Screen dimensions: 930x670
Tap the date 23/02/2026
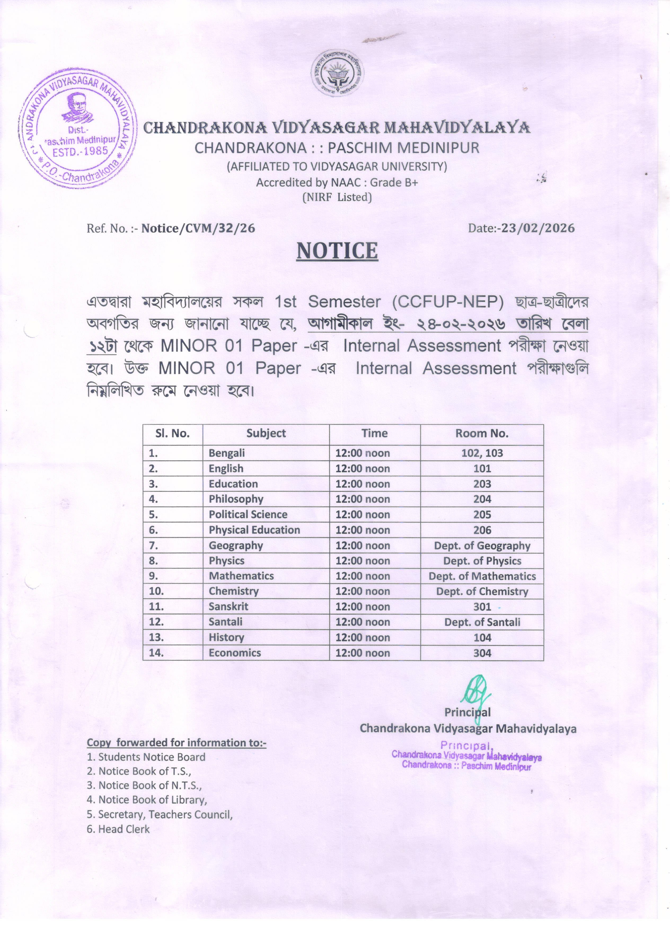tap(538, 228)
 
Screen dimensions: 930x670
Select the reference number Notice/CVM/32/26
tap(198, 228)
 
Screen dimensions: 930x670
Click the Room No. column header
tap(482, 433)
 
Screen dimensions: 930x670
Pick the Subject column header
tap(266, 433)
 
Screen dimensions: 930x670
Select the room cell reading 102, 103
tap(482, 453)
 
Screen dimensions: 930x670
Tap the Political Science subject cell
tap(248, 515)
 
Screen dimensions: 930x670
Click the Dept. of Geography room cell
tap(482, 545)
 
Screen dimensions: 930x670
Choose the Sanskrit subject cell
tap(228, 606)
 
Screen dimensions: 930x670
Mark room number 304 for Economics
tap(482, 653)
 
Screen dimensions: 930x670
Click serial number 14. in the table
tap(156, 653)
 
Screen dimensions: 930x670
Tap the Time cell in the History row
tap(363, 638)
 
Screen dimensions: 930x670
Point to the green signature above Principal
tap(475, 692)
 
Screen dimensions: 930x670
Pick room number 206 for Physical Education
tap(482, 530)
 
